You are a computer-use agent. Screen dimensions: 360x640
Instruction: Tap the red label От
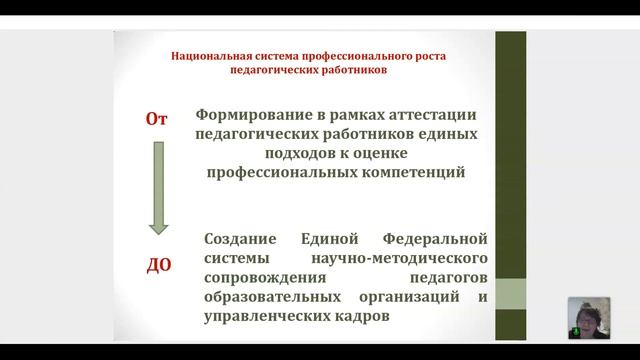(x=156, y=119)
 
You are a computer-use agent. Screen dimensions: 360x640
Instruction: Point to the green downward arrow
(x=157, y=190)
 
